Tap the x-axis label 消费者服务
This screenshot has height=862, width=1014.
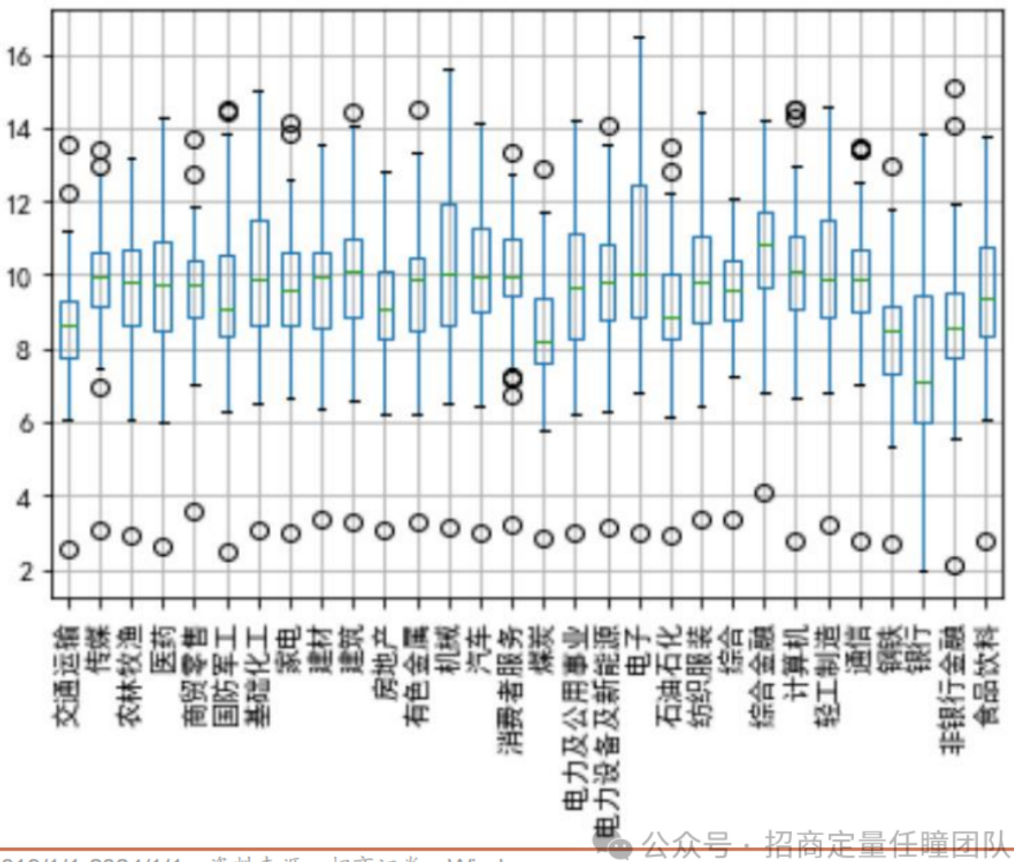pyautogui.click(x=513, y=690)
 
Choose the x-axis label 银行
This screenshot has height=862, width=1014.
pyautogui.click(x=923, y=649)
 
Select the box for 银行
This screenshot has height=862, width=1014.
pyautogui.click(x=923, y=359)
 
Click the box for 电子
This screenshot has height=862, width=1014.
pyautogui.click(x=639, y=251)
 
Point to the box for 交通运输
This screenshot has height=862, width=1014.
pyautogui.click(x=69, y=330)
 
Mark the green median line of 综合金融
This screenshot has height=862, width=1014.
pyautogui.click(x=765, y=244)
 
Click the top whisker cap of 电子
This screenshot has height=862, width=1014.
pyautogui.click(x=639, y=38)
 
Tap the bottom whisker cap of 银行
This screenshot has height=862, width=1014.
pyautogui.click(x=923, y=571)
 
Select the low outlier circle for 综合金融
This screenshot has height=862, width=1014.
pyautogui.click(x=764, y=493)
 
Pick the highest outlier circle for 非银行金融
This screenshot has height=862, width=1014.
pyautogui.click(x=954, y=88)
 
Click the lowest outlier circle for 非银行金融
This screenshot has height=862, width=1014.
pyautogui.click(x=954, y=566)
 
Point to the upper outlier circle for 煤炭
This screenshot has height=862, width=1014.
pyautogui.click(x=544, y=170)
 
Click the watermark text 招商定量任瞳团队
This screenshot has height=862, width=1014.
pyautogui.click(x=887, y=844)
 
